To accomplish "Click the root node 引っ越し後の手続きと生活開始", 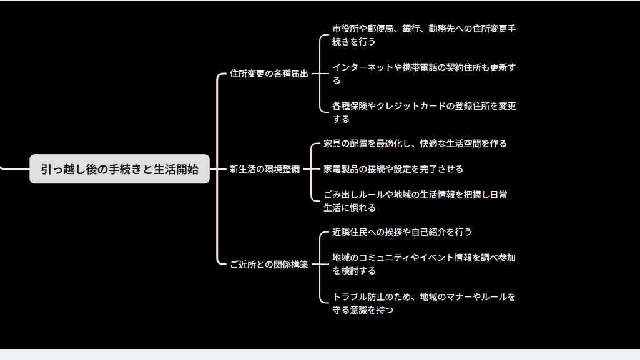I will [119, 169].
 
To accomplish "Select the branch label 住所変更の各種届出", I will [269, 74].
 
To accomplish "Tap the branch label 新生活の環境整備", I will [265, 169].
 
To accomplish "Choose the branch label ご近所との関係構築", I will [269, 265].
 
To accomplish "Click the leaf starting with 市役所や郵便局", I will [423, 36].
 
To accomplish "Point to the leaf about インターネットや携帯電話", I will [423, 74].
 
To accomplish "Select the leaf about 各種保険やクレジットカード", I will [423, 112].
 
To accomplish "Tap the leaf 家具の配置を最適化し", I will [415, 144].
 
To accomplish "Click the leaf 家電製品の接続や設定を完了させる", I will [393, 169].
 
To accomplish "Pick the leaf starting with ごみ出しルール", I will [415, 201].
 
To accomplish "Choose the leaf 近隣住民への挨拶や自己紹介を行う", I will [401, 232].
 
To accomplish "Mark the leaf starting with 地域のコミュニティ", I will [423, 264].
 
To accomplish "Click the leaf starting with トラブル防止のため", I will [423, 303].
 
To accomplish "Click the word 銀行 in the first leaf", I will [411, 29].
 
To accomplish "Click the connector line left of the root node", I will [12, 168].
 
